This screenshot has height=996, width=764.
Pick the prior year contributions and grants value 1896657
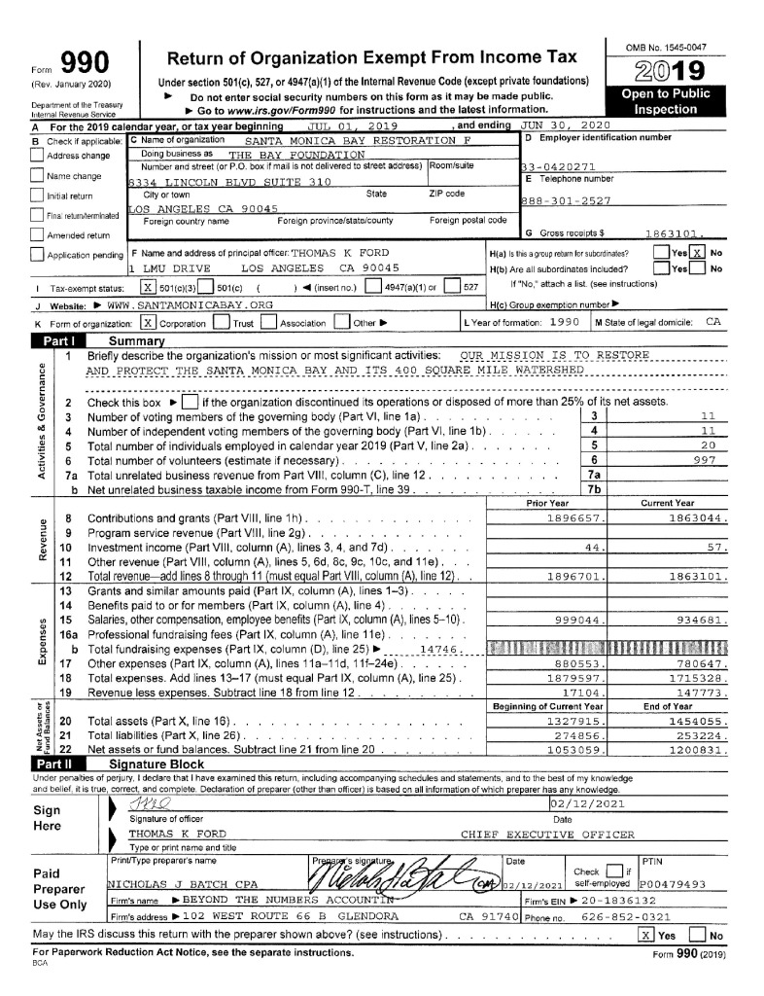pos(577,519)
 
